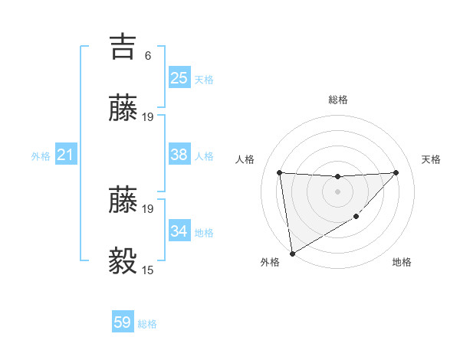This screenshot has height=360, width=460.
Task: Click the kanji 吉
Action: point(123,47)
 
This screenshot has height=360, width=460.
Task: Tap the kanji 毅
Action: point(123,260)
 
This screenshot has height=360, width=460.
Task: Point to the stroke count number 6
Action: point(148,56)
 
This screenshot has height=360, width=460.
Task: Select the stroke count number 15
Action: point(148,270)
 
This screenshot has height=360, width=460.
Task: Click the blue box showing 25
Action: point(179,77)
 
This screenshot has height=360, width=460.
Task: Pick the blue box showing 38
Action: point(179,155)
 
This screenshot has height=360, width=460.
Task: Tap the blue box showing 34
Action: point(179,231)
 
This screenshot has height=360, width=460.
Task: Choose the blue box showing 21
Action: point(66,155)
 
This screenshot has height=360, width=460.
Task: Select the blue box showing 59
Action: point(123,322)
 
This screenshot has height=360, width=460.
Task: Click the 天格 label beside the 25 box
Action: point(204,80)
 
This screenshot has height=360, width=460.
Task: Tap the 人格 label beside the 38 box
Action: point(204,156)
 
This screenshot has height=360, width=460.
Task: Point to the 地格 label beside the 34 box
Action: point(204,233)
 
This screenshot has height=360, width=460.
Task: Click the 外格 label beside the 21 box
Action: point(41,156)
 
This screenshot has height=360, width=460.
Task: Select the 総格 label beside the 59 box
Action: point(147,324)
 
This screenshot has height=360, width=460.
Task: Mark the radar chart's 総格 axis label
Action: point(337,100)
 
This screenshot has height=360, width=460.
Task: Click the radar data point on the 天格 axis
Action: point(396,172)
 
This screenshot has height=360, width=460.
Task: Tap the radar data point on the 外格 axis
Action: point(291,253)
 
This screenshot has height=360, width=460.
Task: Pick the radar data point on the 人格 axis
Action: point(280,172)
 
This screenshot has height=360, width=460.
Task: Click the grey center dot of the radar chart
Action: point(337,191)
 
